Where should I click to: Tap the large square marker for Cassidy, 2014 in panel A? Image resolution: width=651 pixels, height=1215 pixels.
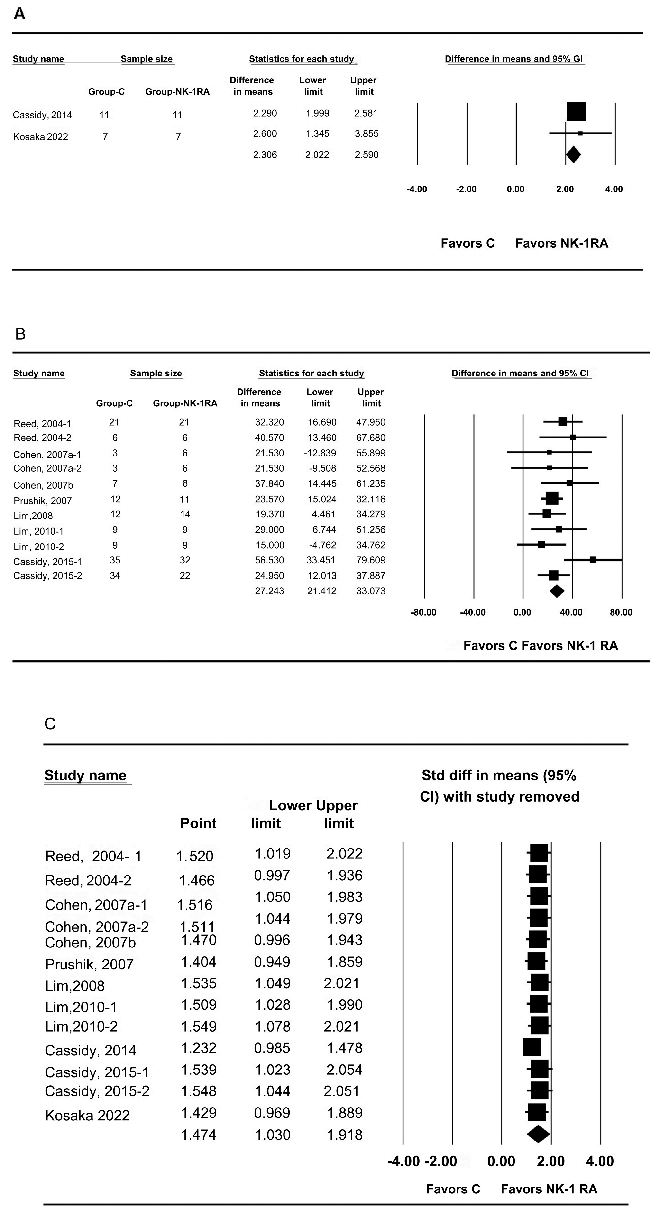coord(576,112)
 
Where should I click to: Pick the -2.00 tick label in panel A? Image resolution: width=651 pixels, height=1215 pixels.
coord(466,189)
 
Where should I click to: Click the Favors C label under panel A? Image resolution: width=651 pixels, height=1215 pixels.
coord(467,243)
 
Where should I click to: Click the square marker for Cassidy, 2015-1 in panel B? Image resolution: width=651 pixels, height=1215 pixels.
coord(592,560)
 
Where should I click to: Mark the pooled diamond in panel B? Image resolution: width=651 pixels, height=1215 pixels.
coord(557,591)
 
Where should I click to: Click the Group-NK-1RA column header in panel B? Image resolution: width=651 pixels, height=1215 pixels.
coord(185,403)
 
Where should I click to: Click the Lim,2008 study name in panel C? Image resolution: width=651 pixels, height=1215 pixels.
coord(74,986)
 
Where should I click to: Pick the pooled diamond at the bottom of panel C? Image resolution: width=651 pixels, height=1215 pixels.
coord(538,1134)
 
